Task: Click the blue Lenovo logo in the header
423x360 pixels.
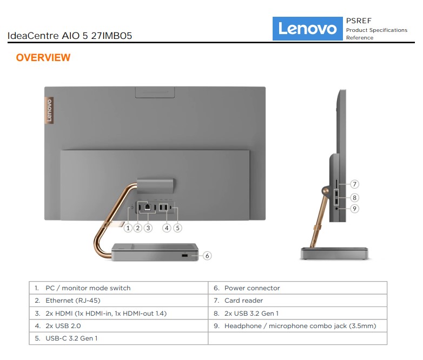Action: [308, 29]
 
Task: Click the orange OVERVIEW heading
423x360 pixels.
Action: [43, 57]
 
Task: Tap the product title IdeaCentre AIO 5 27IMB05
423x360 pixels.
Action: [70, 36]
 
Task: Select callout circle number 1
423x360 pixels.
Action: [128, 228]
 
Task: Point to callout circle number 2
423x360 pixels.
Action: [138, 228]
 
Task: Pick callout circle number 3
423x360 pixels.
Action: [148, 228]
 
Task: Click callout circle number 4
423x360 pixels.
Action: [167, 228]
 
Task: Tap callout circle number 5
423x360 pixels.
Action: [177, 228]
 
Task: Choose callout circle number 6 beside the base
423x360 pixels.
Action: [207, 256]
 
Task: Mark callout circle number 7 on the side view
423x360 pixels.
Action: [355, 184]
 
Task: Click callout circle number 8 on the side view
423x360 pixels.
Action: [355, 198]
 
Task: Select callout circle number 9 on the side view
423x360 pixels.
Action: [355, 209]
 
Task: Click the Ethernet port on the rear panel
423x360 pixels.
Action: [148, 207]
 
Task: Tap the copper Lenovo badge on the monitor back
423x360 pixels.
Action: [49, 110]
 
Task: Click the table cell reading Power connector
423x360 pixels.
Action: [298, 288]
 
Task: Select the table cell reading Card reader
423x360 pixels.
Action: [298, 301]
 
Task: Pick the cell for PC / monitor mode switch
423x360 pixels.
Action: [118, 288]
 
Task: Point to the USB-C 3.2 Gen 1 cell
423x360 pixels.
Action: [118, 338]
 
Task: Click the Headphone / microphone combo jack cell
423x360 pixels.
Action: [298, 326]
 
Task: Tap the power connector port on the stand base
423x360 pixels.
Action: [184, 255]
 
